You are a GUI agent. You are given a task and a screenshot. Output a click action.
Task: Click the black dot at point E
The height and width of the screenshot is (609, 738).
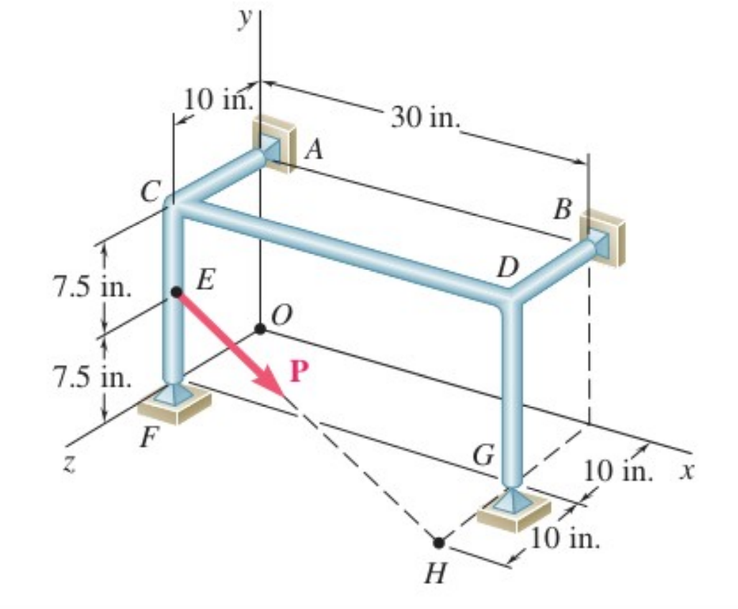pyautogui.click(x=177, y=292)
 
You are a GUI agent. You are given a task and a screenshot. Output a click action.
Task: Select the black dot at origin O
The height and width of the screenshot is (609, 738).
pyautogui.click(x=260, y=328)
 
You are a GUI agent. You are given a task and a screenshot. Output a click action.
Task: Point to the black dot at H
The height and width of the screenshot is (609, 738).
pyautogui.click(x=439, y=543)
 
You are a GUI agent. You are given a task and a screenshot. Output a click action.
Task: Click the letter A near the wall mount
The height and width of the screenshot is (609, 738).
pyautogui.click(x=314, y=151)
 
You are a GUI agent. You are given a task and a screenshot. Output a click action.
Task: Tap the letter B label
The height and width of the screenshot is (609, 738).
pyautogui.click(x=563, y=209)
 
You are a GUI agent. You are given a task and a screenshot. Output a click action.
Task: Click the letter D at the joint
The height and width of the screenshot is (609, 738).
pyautogui.click(x=508, y=267)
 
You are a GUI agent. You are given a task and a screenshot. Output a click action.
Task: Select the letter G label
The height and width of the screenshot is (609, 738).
pyautogui.click(x=483, y=455)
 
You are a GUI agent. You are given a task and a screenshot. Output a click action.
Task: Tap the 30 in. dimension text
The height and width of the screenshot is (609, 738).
pyautogui.click(x=424, y=118)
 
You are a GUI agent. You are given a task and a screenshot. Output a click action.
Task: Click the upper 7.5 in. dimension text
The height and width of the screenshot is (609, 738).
pyautogui.click(x=93, y=287)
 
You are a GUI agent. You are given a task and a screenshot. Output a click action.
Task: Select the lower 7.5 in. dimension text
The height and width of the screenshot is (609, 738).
pyautogui.click(x=93, y=377)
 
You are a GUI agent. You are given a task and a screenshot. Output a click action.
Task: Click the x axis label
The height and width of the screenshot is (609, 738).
pyautogui.click(x=687, y=471)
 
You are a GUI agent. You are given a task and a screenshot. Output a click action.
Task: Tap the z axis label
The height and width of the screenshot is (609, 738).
pyautogui.click(x=69, y=465)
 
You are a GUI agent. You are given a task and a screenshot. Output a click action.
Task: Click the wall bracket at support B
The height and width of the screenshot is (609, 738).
pyautogui.click(x=604, y=238)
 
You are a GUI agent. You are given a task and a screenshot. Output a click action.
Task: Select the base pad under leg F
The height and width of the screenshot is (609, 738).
pyautogui.click(x=174, y=403)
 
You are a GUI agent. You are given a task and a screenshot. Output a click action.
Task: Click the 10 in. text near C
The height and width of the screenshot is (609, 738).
pyautogui.click(x=218, y=100)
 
